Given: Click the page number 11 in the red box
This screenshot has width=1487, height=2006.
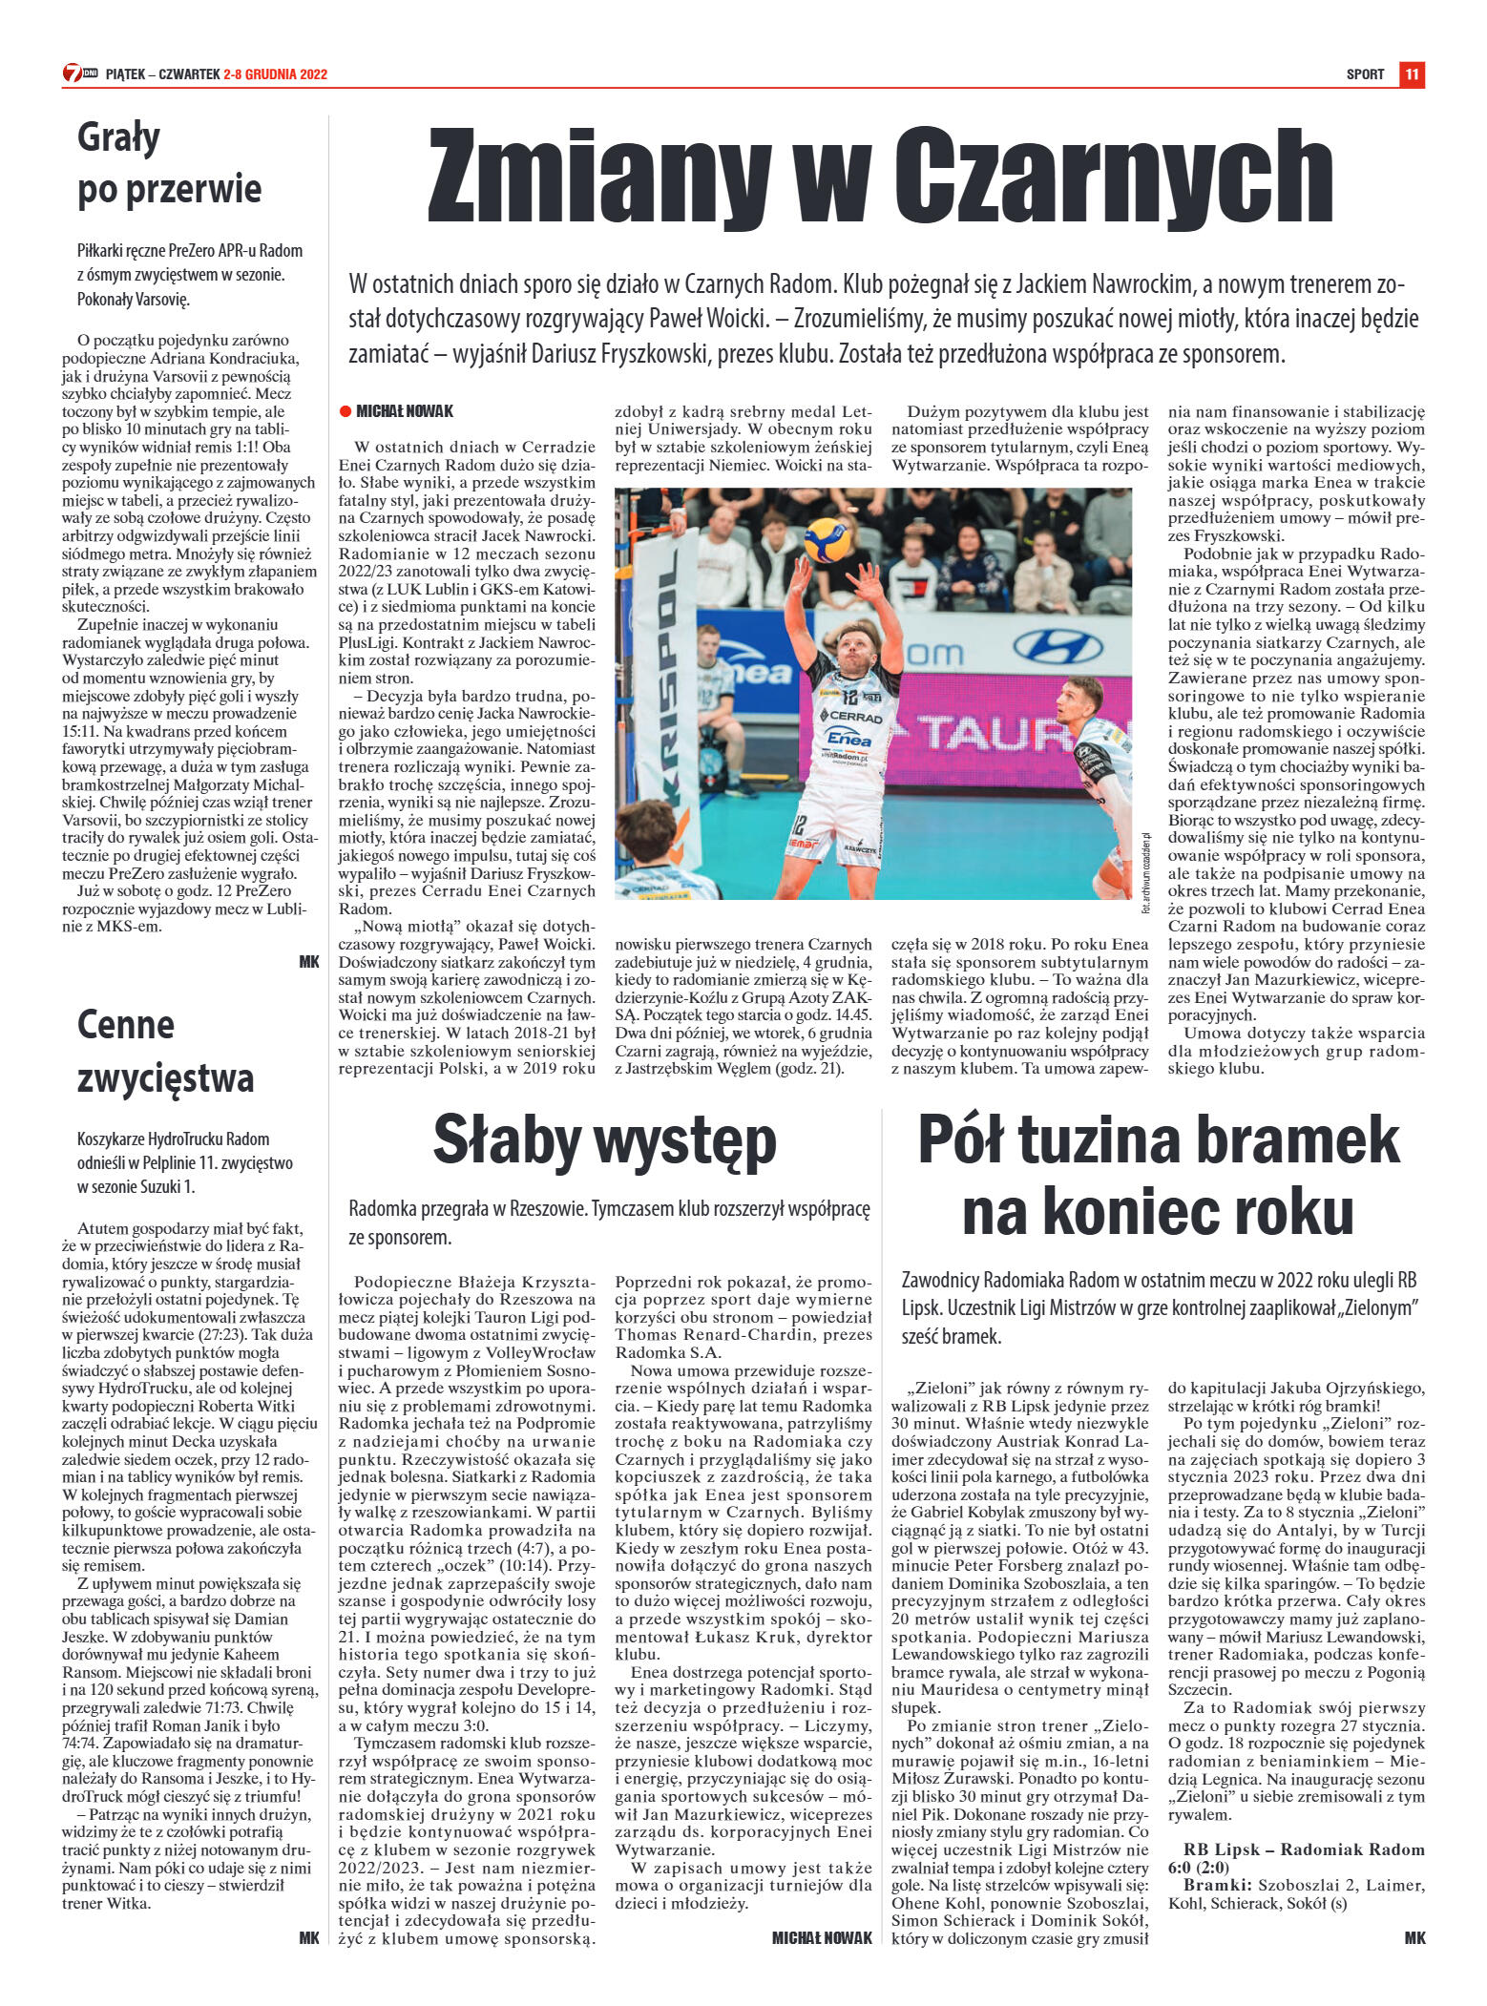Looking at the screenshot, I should tap(1412, 74).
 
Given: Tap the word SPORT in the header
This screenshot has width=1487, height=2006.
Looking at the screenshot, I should tap(1365, 74).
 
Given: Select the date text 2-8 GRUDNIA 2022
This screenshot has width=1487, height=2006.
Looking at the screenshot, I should tap(275, 74).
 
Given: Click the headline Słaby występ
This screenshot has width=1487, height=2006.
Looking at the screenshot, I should tap(604, 1140).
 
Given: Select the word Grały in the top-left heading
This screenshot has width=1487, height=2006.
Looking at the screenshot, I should tap(118, 138).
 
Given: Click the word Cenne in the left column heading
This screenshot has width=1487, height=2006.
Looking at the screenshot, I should tap(125, 1025).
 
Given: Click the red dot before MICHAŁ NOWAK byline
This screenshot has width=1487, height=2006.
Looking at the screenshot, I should tap(345, 411).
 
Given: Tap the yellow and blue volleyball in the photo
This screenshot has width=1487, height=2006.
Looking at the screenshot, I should tap(827, 540).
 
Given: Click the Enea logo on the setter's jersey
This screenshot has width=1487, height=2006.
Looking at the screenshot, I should tap(848, 738).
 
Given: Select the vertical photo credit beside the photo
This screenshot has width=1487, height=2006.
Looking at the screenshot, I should tap(1145, 872).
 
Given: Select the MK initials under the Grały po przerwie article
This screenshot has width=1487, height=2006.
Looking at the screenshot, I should tap(309, 962).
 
